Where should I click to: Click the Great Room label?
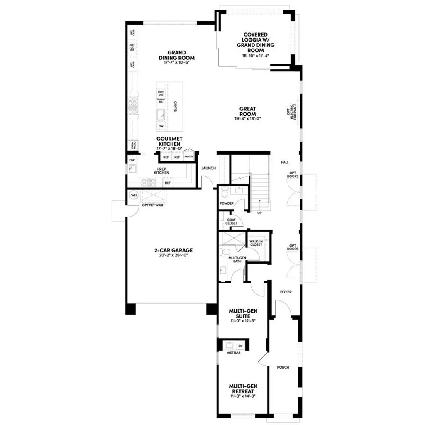click(247, 111)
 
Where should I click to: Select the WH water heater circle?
click(134, 195)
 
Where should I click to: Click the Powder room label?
click(227, 203)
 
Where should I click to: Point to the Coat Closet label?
click(232, 222)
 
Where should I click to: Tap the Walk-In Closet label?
click(256, 243)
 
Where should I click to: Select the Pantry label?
click(189, 157)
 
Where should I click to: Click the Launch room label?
click(208, 168)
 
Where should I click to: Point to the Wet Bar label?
click(234, 353)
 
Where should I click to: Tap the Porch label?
click(283, 367)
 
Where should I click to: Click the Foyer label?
click(286, 292)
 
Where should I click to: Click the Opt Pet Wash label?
click(154, 205)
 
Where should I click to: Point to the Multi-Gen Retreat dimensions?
click(242, 396)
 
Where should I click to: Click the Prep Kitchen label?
click(161, 170)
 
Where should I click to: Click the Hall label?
click(284, 162)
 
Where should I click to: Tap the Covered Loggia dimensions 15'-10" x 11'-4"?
click(256, 56)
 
